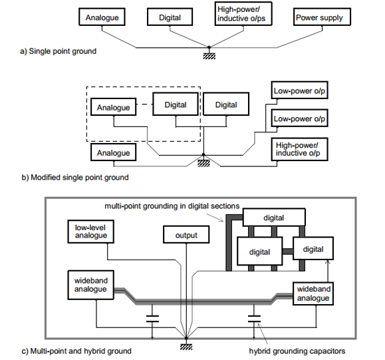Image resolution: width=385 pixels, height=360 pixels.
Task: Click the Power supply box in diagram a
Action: (x=322, y=17)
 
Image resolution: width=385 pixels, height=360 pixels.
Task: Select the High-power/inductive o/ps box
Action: (x=243, y=13)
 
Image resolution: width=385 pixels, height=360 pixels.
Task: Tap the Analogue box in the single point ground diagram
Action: (x=102, y=17)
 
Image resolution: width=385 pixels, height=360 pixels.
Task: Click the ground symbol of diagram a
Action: (x=209, y=57)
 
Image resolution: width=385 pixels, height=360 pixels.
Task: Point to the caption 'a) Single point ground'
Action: (x=59, y=51)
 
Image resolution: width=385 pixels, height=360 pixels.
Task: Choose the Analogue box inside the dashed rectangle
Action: (x=113, y=106)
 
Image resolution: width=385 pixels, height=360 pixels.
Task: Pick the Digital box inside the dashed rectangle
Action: (x=176, y=104)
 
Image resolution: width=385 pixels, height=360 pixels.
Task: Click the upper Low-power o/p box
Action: (x=299, y=90)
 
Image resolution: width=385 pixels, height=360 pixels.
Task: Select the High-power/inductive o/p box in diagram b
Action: (x=299, y=149)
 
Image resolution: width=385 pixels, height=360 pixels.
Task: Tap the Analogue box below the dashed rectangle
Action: (x=113, y=152)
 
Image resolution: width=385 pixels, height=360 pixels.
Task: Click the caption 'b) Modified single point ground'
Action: (x=75, y=177)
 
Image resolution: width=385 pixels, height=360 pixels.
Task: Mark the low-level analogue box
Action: (x=90, y=232)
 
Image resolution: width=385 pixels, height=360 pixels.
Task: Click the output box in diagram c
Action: (x=186, y=235)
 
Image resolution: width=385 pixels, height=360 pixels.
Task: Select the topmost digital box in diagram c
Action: (x=274, y=217)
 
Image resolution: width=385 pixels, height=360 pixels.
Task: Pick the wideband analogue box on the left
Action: (x=90, y=285)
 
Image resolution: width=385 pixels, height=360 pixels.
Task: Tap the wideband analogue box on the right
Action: (x=313, y=293)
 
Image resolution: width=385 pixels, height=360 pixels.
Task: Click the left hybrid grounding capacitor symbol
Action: (x=152, y=319)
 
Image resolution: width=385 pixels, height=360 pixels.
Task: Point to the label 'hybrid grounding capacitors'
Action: (x=297, y=351)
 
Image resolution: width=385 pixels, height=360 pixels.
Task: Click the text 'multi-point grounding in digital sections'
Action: (x=172, y=206)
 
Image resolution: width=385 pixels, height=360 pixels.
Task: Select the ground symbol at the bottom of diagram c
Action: (x=186, y=347)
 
